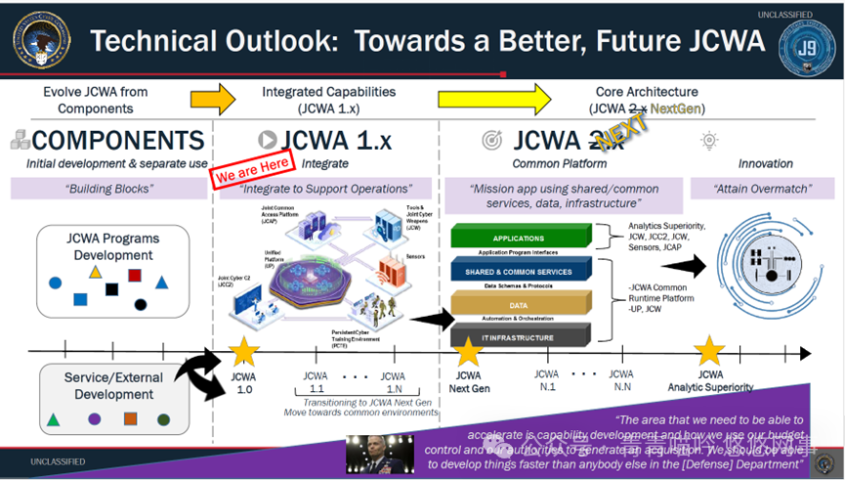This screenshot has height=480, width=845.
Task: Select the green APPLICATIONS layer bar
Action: click(519, 238)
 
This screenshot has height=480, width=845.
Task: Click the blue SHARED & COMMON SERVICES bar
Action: click(519, 271)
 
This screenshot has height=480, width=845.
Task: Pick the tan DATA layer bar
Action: click(519, 304)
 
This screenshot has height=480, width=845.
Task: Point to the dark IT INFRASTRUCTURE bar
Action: click(519, 337)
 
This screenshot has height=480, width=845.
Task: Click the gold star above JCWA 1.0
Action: click(242, 352)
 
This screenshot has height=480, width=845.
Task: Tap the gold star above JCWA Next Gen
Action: click(469, 352)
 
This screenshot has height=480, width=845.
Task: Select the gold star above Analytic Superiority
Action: click(709, 351)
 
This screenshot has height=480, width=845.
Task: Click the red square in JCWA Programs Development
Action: click(135, 276)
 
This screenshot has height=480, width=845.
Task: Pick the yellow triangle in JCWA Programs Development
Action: click(95, 271)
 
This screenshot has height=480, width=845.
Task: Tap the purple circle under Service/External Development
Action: click(95, 419)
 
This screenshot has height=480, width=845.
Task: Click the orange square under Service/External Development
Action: click(130, 419)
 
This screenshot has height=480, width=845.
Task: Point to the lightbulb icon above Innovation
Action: click(709, 141)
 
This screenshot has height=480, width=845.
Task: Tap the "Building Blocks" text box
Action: click(109, 189)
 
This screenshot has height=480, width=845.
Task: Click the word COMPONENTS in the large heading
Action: click(118, 140)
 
